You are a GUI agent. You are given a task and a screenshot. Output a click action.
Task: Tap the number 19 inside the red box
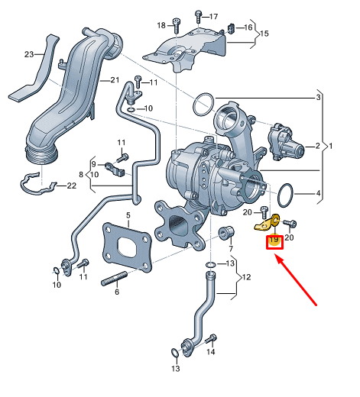tap(274, 242)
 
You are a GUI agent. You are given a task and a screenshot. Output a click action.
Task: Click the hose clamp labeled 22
tap(38, 183)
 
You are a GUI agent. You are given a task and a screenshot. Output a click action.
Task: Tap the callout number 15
tap(265, 34)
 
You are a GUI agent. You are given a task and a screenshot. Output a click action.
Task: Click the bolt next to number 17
tap(198, 15)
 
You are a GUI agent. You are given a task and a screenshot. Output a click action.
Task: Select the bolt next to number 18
tap(175, 25)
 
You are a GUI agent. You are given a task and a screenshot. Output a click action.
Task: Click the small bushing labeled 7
tap(226, 232)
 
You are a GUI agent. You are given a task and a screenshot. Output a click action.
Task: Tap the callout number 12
tap(244, 278)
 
